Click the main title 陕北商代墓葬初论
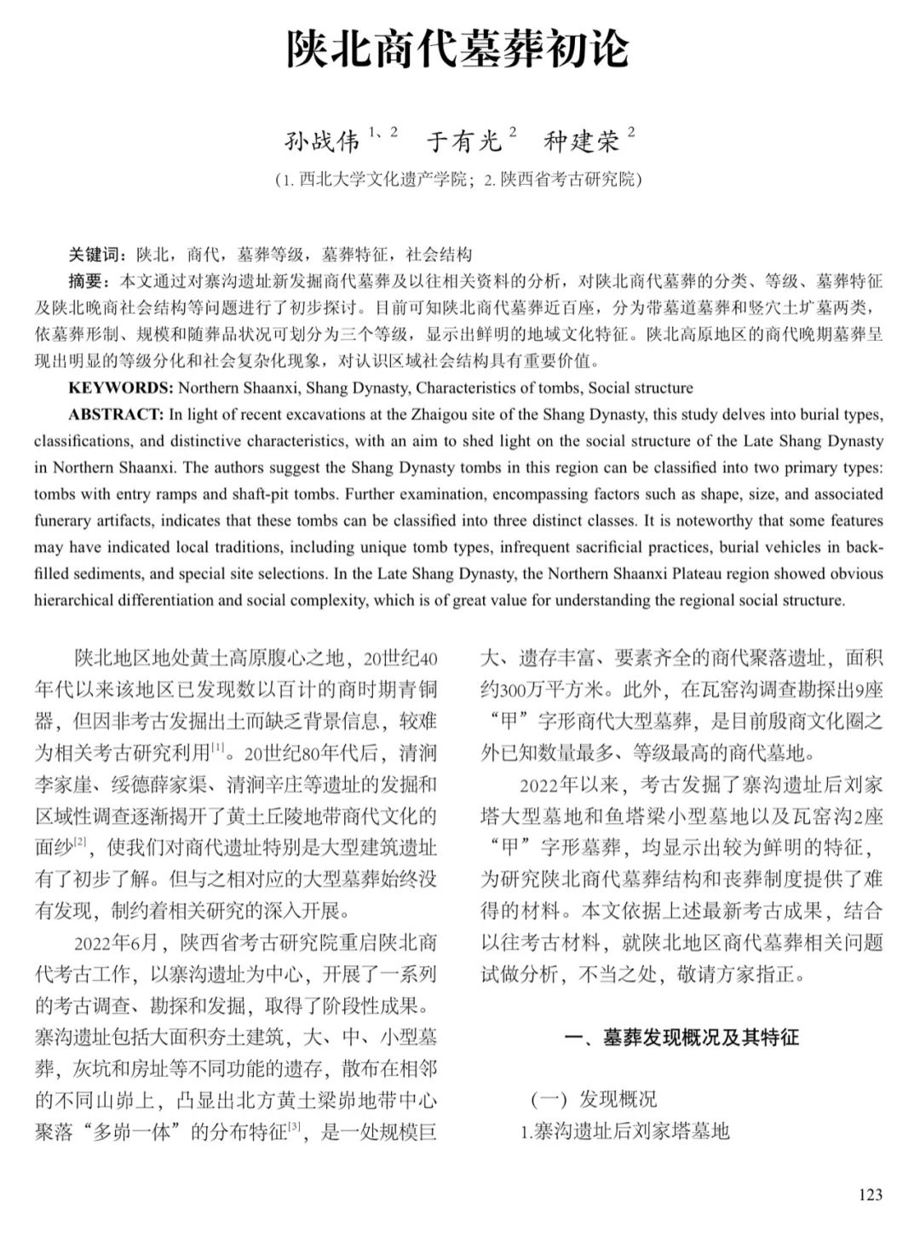coord(457,49)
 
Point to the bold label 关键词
coord(95,255)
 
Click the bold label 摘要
coord(88,281)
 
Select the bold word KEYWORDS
coord(120,388)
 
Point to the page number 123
coord(871,1194)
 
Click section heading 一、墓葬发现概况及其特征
coord(682,1038)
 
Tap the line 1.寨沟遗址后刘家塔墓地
coord(625,1131)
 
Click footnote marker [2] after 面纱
coord(81,843)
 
